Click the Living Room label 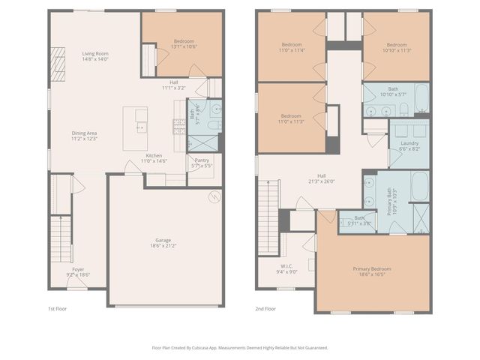click(95, 54)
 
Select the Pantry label click(201, 159)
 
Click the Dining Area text click(84, 133)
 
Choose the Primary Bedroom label click(371, 268)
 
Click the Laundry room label click(409, 142)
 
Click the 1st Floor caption click(58, 308)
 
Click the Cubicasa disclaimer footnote click(240, 347)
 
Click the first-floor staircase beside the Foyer click(59, 237)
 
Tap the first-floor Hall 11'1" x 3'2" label click(173, 85)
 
